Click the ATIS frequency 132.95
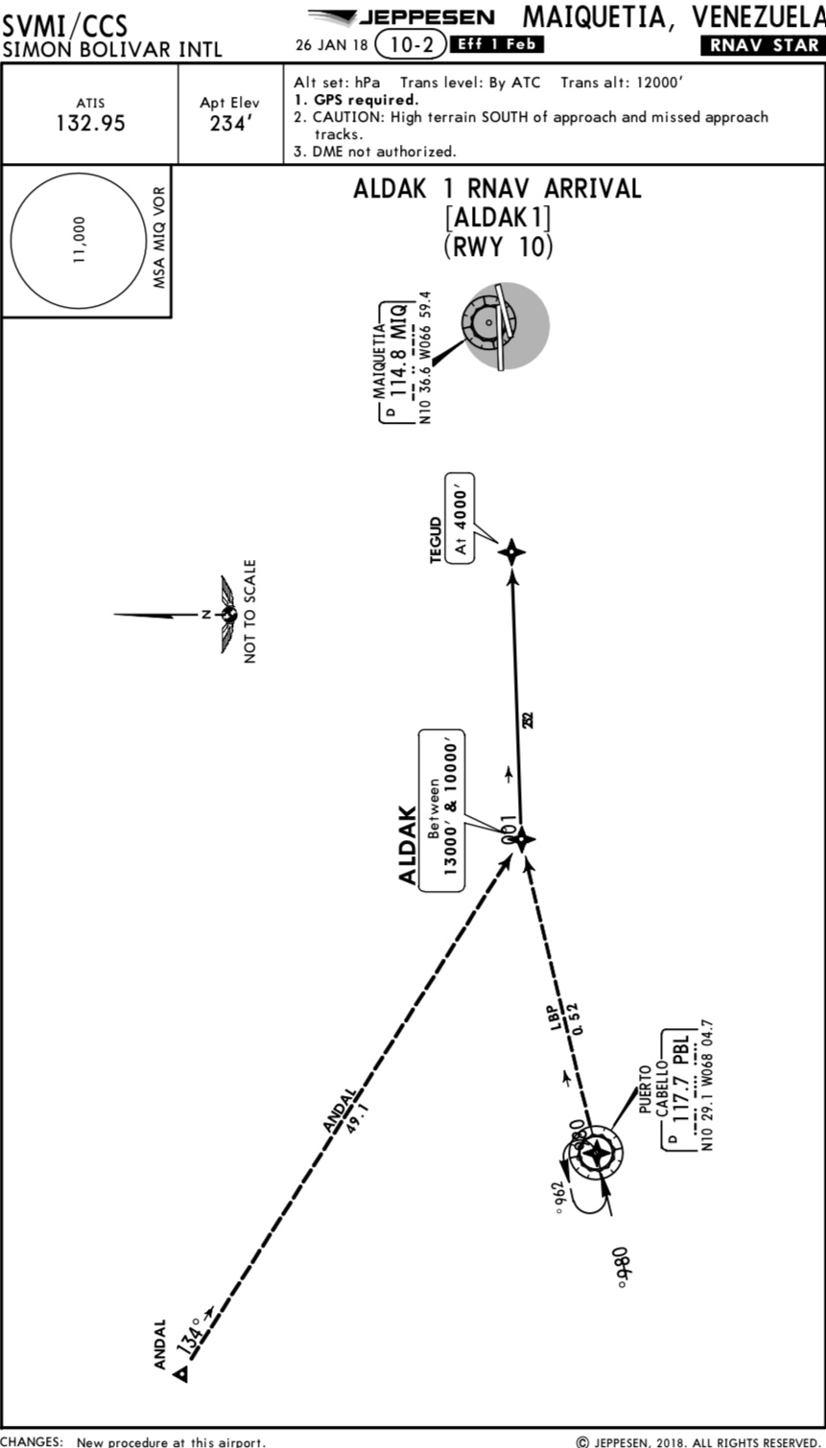[x=90, y=124]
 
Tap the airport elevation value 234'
[x=229, y=124]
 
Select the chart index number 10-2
[x=413, y=44]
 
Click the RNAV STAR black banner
[x=763, y=45]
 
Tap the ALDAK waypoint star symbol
[x=522, y=839]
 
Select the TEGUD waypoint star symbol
[x=512, y=551]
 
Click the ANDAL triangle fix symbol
[x=180, y=1375]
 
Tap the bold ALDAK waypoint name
[x=408, y=845]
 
